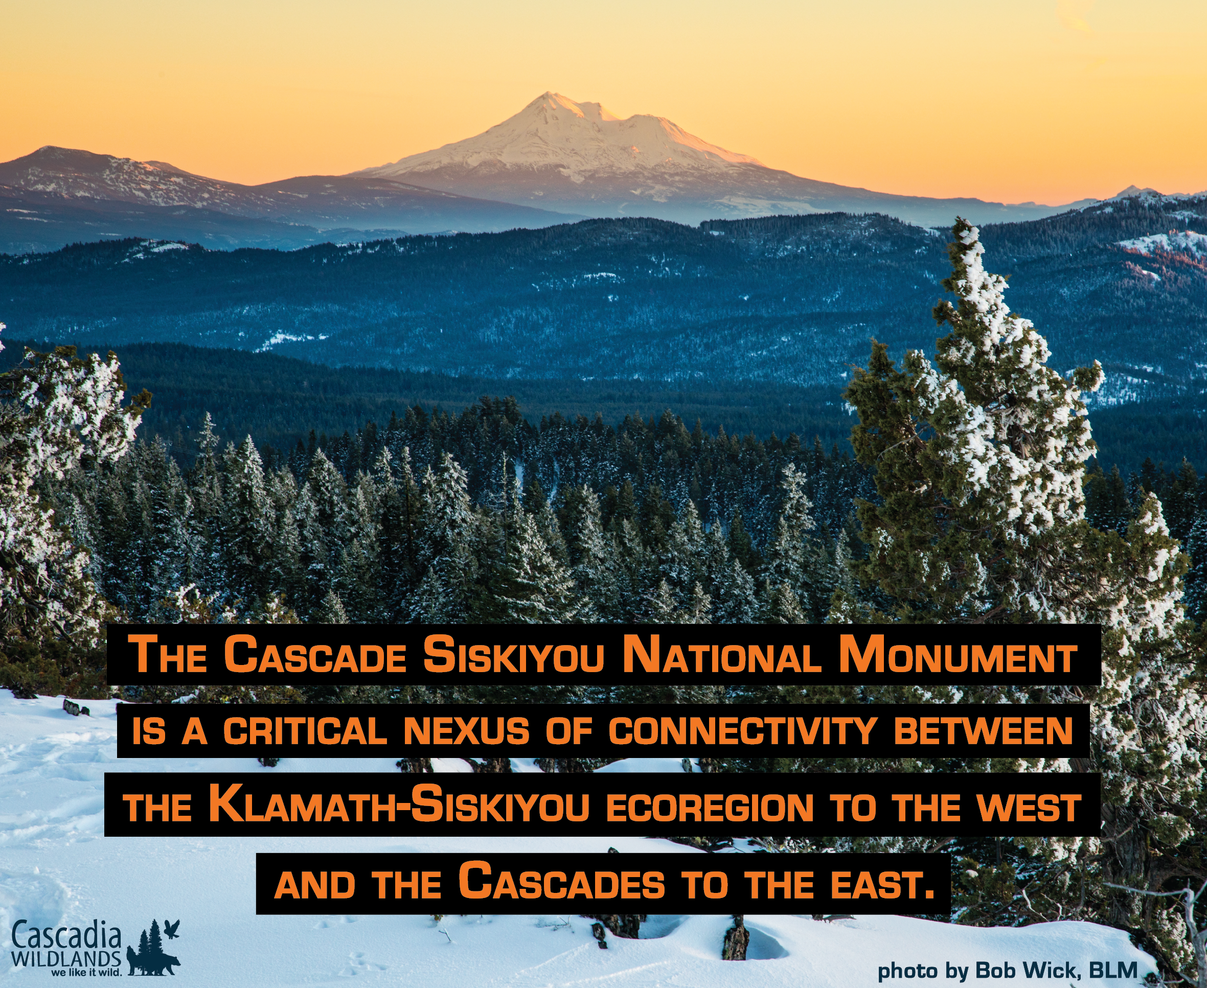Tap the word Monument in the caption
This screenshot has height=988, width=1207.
(x=958, y=655)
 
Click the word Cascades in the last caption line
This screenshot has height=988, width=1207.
(x=562, y=882)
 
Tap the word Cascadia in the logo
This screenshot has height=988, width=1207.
(x=66, y=937)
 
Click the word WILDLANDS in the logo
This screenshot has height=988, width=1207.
(x=66, y=958)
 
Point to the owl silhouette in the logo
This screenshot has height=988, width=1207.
(x=171, y=929)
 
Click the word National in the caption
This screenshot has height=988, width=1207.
(x=721, y=655)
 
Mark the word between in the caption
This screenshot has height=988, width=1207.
(x=983, y=731)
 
